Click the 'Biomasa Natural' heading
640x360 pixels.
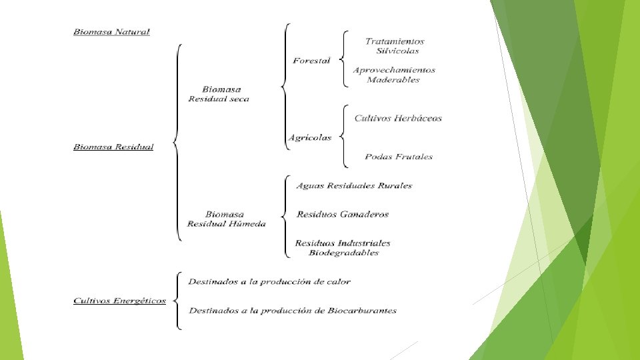(111, 32)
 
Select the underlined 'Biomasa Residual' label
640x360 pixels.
(113, 147)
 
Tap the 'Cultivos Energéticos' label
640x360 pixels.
(119, 301)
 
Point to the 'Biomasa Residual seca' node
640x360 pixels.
(219, 94)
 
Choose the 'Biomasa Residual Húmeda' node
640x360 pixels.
(226, 219)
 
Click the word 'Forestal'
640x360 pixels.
(311, 61)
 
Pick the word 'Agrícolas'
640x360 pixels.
(309, 138)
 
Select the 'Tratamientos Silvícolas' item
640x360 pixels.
(395, 46)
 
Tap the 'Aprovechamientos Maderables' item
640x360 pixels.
(394, 75)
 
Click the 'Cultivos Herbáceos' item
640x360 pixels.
(398, 119)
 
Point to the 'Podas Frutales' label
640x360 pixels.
(399, 157)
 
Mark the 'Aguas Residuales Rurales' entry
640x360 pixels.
(354, 186)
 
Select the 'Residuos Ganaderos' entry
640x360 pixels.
(342, 215)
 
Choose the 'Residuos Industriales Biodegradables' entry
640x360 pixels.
(343, 248)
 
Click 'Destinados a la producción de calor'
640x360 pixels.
(269, 282)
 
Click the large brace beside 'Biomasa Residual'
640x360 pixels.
(177, 142)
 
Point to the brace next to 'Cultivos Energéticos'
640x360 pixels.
(177, 301)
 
